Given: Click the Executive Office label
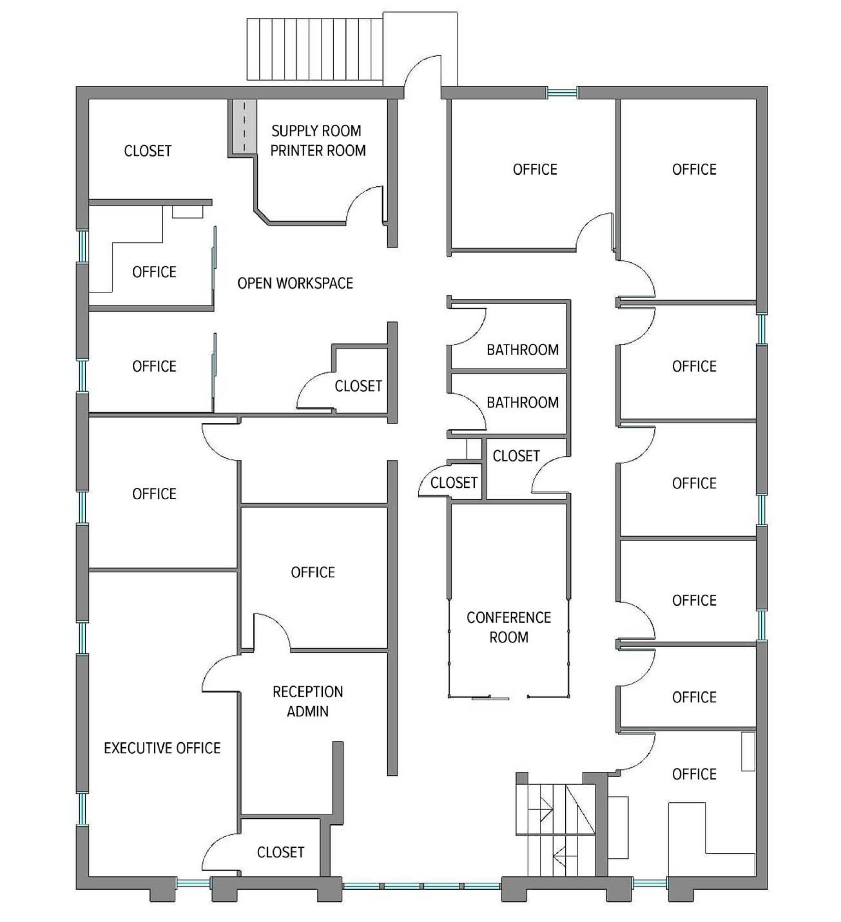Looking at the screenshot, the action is (162, 748).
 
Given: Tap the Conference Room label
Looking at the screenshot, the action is (509, 627).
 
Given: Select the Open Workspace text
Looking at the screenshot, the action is (295, 283).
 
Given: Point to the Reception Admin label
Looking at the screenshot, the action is (308, 701).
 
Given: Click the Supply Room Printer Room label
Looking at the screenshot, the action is (318, 141).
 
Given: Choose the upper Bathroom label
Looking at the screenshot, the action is (522, 350).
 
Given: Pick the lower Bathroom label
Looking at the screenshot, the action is (522, 402).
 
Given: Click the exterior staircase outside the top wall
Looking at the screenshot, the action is (315, 49).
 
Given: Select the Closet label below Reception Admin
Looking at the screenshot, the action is (280, 852).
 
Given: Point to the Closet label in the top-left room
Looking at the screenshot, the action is (148, 151).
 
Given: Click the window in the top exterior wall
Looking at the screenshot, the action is (562, 93).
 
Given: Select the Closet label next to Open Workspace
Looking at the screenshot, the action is (358, 386).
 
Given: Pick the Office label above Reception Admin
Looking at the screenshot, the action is (313, 572).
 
